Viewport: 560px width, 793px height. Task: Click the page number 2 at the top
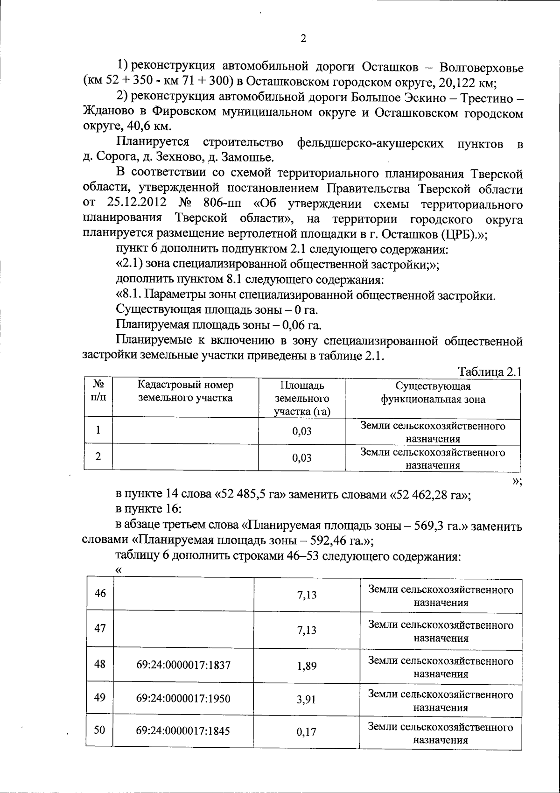(x=303, y=38)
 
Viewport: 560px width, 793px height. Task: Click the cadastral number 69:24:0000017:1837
(x=183, y=665)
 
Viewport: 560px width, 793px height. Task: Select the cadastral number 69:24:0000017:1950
(x=183, y=699)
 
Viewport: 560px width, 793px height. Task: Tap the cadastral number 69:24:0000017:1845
(x=183, y=731)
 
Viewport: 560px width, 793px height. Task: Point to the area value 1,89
(x=307, y=666)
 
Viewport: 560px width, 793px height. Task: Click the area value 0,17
(x=307, y=732)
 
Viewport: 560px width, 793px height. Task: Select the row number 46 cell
(x=100, y=594)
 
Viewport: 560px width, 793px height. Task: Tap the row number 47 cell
(x=100, y=628)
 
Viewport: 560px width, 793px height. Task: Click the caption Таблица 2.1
(x=490, y=372)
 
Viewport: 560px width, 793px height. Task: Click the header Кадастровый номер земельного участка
(x=185, y=392)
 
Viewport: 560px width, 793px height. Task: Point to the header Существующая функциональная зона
(x=433, y=393)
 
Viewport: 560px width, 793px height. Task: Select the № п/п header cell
(x=98, y=391)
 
